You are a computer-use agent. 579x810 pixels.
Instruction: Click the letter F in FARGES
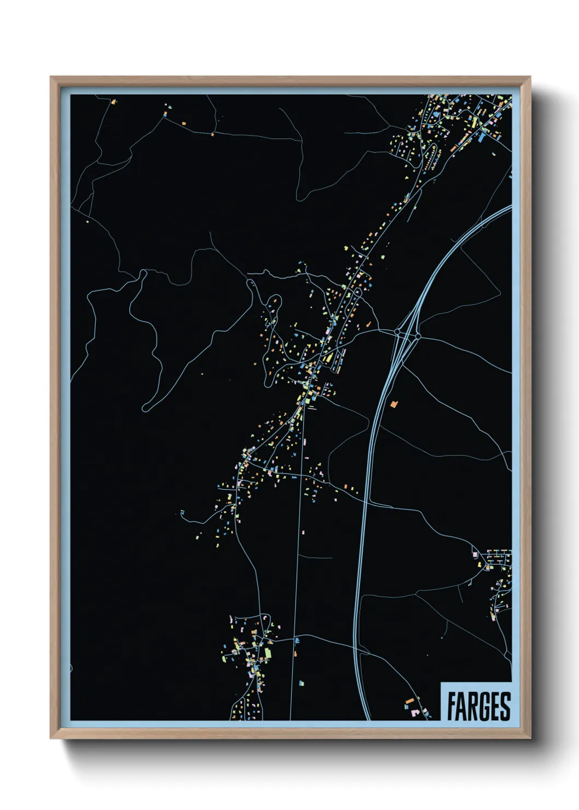tap(451, 707)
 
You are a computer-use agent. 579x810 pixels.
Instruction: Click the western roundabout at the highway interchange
tap(397, 332)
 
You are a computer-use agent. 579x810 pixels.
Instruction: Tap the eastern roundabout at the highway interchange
tap(418, 336)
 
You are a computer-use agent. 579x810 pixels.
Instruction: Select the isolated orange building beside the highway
tap(393, 404)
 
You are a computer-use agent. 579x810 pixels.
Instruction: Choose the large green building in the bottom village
tap(268, 653)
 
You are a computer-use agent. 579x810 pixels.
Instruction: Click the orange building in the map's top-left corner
tap(113, 102)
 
